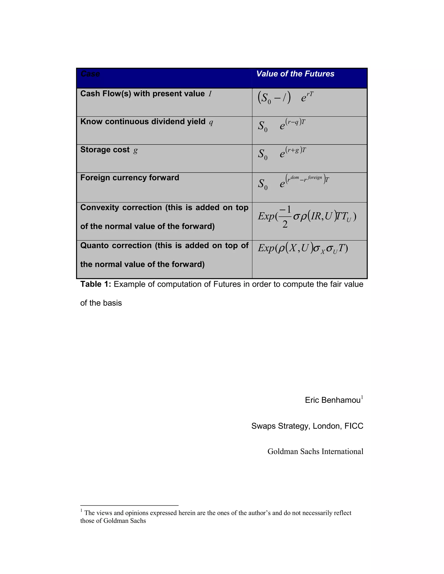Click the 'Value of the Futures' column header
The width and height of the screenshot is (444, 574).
295,74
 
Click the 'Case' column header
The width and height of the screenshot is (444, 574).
90,74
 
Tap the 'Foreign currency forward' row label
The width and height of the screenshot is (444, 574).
130,178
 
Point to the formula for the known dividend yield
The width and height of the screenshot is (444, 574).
281,126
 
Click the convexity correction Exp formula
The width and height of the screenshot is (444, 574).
307,217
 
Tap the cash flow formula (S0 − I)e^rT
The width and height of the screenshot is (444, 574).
285,97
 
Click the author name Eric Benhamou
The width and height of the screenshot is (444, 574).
333,400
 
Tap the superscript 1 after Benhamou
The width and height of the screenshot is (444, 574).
362,397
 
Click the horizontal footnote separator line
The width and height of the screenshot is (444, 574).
129,505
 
